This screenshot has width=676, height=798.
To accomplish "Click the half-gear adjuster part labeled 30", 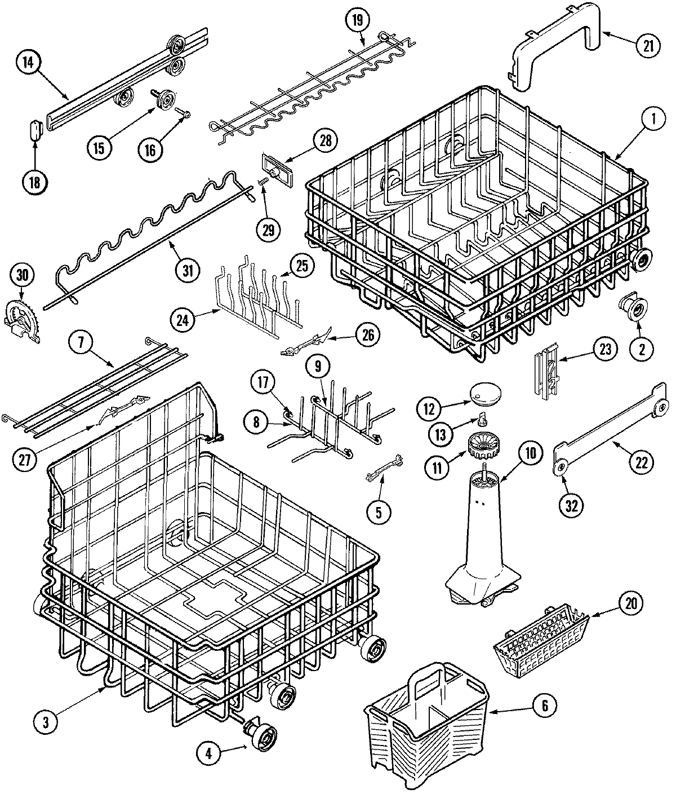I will (x=23, y=322).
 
